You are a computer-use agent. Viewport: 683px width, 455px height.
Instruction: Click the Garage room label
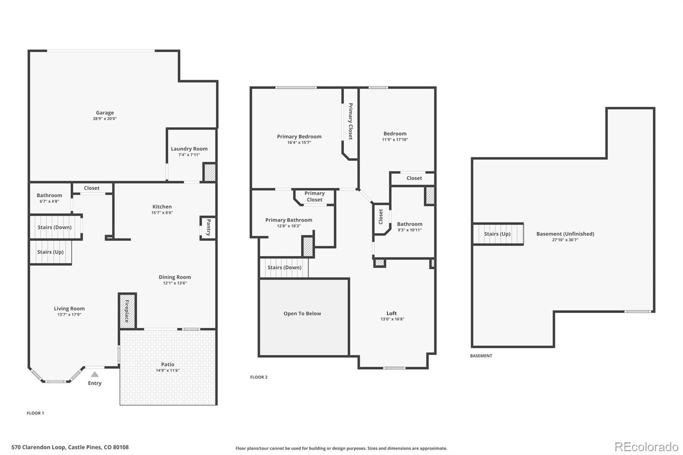105,113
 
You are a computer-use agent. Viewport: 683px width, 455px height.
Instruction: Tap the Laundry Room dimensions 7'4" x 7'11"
189,155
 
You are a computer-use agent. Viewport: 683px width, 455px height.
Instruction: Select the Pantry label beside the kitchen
208,227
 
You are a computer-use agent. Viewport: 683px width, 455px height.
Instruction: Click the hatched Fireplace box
127,311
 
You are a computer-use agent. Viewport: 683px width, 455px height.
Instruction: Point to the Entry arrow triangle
95,374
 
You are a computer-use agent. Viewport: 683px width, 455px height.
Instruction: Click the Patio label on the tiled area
167,364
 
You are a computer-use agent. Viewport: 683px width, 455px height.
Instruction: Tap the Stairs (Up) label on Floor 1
50,252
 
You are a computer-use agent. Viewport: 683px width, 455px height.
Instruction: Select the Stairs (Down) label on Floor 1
54,227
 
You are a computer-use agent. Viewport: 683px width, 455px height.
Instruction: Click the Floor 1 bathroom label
49,195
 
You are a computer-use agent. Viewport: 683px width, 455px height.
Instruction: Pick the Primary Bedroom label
299,137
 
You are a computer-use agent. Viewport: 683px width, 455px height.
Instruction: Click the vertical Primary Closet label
350,121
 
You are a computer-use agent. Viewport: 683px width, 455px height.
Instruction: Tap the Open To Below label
302,313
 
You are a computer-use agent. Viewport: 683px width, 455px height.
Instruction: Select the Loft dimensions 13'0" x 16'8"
392,319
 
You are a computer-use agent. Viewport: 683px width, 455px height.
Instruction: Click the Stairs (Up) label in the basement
497,234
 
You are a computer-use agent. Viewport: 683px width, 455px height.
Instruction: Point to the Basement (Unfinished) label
565,233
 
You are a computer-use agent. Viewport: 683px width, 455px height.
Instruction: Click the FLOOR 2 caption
259,377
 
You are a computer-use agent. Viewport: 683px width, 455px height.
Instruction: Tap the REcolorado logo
646,446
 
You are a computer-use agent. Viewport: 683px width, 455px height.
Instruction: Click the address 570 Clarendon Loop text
70,447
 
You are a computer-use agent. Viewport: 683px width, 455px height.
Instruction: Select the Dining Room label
175,277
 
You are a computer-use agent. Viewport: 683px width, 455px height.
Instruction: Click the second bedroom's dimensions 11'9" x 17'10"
395,140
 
